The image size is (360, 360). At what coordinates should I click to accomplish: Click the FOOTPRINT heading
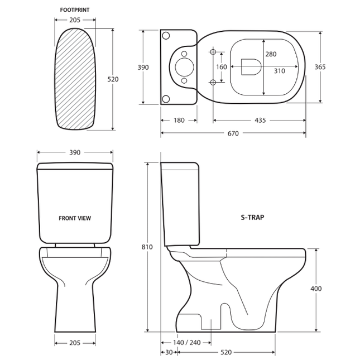75,10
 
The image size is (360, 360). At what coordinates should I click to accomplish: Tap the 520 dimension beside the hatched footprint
113,79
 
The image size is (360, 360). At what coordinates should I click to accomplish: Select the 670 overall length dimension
233,133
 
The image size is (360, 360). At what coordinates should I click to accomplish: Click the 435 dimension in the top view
260,120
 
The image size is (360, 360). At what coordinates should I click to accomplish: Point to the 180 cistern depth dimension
179,120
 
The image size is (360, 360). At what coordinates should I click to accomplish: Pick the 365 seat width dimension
320,67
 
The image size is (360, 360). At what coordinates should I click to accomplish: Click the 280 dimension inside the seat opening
271,54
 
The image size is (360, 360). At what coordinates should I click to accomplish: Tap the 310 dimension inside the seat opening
280,71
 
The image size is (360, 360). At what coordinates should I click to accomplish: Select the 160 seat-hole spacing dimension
222,67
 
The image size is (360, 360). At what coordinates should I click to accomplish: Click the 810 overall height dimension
147,247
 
